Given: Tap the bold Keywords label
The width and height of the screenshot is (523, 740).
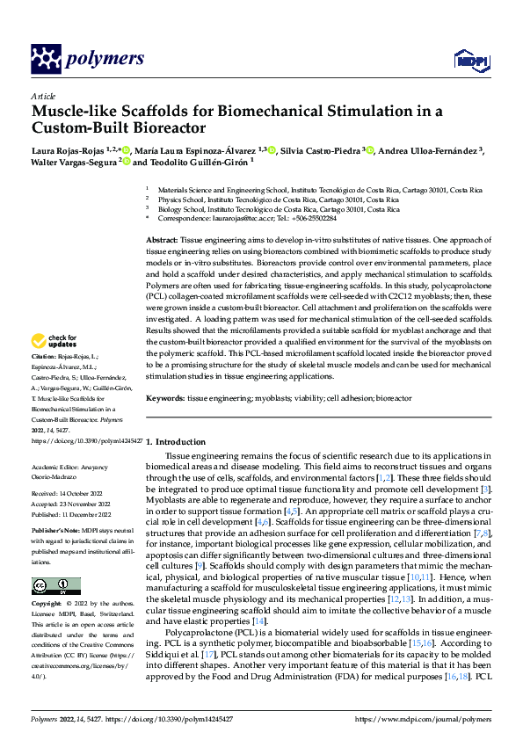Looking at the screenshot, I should (x=166, y=398).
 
